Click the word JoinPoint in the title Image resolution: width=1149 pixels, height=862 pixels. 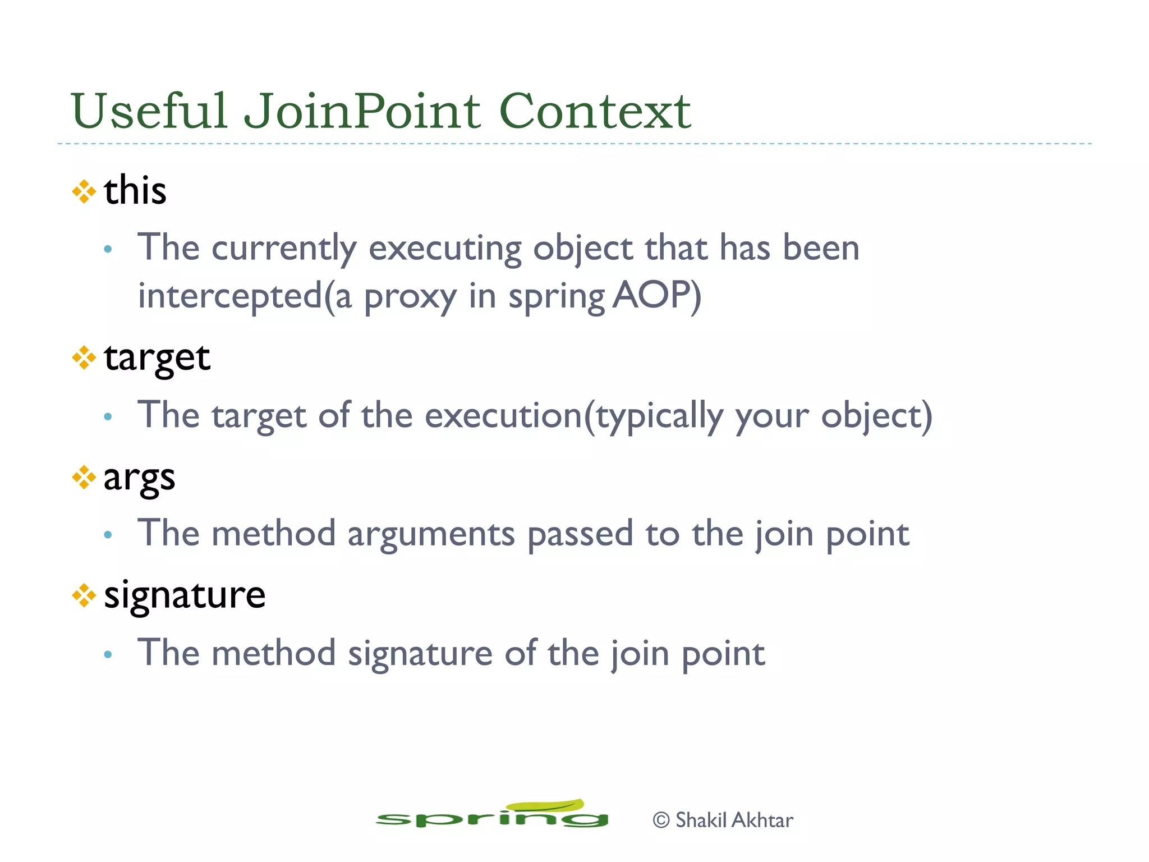click(362, 111)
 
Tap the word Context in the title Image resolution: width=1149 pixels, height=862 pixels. click(594, 111)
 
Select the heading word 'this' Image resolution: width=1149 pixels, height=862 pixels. click(135, 190)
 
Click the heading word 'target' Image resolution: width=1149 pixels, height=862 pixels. click(157, 357)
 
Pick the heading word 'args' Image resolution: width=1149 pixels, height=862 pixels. click(139, 478)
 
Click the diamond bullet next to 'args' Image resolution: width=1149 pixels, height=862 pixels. click(84, 478)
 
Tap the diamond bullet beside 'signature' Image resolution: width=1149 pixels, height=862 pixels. click(84, 595)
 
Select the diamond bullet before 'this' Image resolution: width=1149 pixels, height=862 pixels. click(84, 191)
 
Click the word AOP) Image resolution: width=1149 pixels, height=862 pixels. click(656, 295)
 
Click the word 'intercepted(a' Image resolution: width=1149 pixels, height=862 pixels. click(245, 296)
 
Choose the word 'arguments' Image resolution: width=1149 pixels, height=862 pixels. click(431, 534)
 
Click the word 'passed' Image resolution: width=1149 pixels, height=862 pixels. click(580, 534)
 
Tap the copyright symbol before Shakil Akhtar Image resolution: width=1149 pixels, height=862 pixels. click(661, 820)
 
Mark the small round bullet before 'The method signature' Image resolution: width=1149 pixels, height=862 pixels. click(108, 654)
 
